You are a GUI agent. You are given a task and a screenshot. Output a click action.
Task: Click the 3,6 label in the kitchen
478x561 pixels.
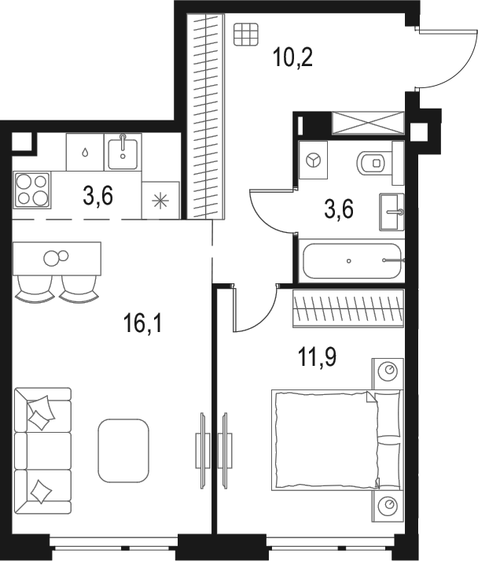[x=97, y=195]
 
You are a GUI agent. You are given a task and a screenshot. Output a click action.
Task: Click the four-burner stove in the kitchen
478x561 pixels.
[x=31, y=190]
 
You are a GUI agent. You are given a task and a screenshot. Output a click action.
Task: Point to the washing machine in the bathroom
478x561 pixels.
[x=314, y=161]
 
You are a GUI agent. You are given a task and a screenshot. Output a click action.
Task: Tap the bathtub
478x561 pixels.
[x=351, y=260]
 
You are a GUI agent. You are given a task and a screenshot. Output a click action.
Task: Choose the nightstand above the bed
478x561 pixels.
[x=388, y=370]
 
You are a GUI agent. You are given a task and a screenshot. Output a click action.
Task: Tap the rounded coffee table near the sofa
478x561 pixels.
[x=123, y=450]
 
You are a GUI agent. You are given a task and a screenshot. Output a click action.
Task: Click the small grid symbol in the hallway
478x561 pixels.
[x=245, y=34]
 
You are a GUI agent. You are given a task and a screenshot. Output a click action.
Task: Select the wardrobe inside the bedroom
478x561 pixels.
[x=347, y=308]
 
